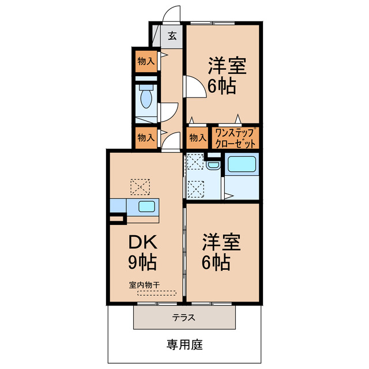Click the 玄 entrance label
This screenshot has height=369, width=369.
pos(172,35)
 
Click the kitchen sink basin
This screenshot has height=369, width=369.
pos(146,207)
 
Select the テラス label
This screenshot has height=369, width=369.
pos(184,317)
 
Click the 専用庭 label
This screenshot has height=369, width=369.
pos(184,345)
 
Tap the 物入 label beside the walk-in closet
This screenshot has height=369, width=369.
pos(198,137)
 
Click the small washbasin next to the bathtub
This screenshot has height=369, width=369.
pos(213,166)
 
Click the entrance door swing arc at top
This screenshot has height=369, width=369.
pos(171,14)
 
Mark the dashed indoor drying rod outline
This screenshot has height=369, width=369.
pos(157,293)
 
